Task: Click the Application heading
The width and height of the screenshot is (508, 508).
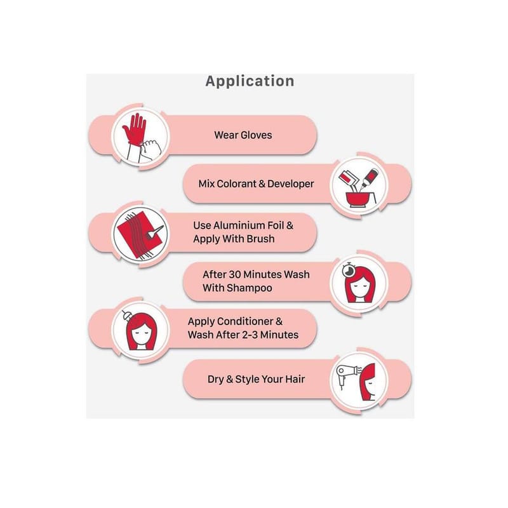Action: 250,81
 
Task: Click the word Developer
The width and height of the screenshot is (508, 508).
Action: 290,184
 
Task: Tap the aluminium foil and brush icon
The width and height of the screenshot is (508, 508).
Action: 139,232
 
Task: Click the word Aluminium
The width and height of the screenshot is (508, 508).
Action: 243,225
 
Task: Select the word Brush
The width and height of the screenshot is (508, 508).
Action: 263,239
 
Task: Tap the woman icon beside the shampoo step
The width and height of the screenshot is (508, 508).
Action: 356,283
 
